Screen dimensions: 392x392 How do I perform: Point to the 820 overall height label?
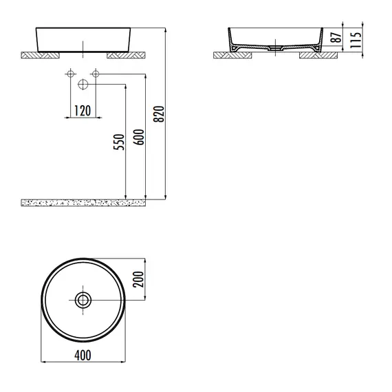click(160, 114)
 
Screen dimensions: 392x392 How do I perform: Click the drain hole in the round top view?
click(83, 299)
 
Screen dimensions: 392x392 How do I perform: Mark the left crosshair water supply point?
click(70, 74)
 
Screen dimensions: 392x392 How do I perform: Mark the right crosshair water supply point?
click(96, 74)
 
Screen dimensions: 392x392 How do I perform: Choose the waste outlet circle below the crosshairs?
click(83, 85)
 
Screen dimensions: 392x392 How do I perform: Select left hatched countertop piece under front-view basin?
click(41, 54)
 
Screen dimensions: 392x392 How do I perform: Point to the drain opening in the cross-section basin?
click(274, 49)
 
